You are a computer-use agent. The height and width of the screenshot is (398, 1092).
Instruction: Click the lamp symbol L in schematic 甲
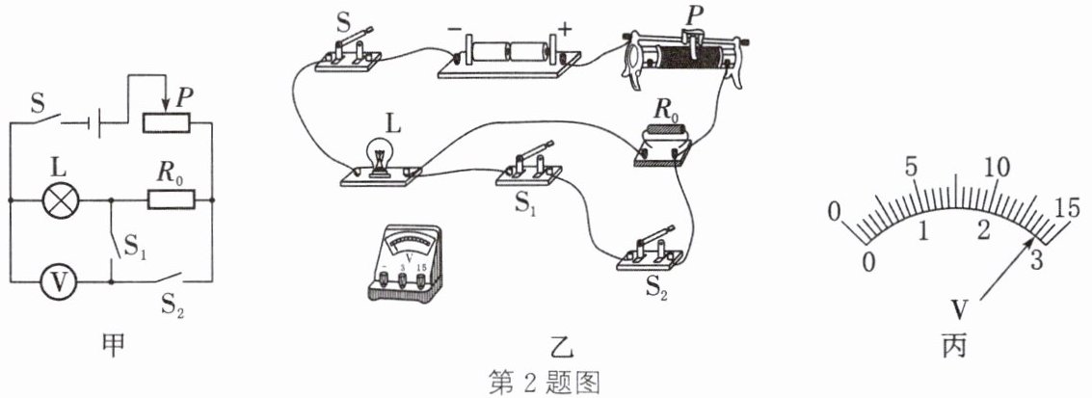pyautogui.click(x=61, y=201)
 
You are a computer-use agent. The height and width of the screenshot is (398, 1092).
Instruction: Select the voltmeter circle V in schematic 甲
pyautogui.click(x=61, y=282)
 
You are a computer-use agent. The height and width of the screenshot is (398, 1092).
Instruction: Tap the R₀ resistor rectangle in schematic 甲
pyautogui.click(x=171, y=200)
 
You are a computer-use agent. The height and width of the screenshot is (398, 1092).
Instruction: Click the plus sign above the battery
pyautogui.click(x=564, y=29)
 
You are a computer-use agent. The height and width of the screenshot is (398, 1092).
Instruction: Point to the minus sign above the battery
pyautogui.click(x=454, y=31)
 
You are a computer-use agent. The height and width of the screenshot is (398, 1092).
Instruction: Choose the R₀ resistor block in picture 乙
pyautogui.click(x=663, y=146)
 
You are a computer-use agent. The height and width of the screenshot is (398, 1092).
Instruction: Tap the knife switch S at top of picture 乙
pyautogui.click(x=347, y=50)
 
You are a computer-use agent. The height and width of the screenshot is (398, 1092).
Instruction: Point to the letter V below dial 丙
pyautogui.click(x=960, y=311)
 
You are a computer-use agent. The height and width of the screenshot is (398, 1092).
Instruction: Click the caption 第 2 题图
pyautogui.click(x=546, y=383)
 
